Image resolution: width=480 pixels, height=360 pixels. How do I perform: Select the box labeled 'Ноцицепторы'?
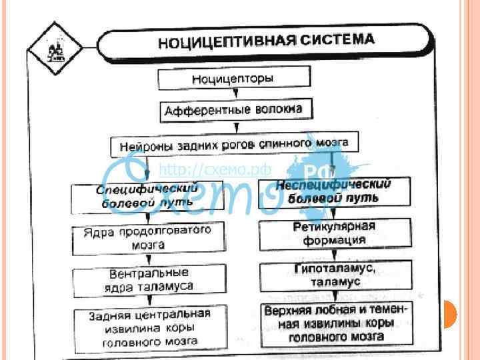click(x=233, y=79)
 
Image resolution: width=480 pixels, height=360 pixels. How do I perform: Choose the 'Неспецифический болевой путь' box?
click(x=334, y=191)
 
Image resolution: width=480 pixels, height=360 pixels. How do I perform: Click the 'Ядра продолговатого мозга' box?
click(x=148, y=237)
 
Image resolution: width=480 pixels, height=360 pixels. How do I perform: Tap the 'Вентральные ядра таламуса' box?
click(x=149, y=280)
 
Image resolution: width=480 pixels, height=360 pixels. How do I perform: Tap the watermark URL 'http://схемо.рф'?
click(x=203, y=171)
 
